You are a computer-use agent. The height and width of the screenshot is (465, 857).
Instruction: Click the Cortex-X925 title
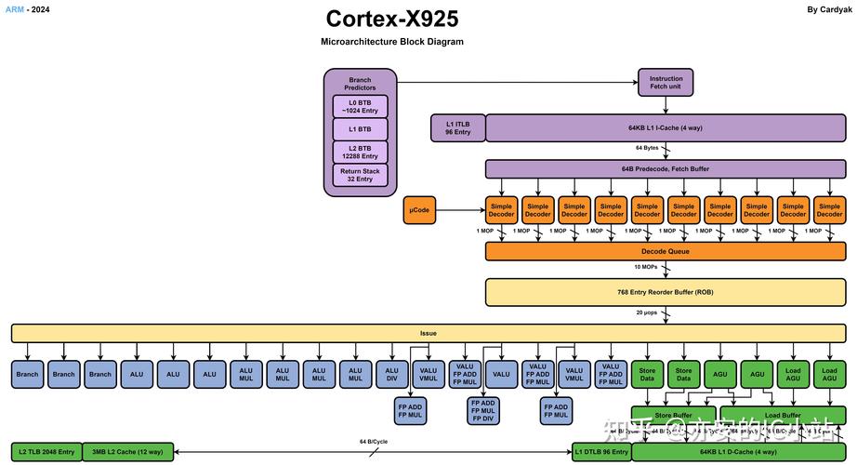click(x=391, y=19)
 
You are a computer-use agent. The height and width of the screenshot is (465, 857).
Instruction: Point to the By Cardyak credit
click(x=829, y=8)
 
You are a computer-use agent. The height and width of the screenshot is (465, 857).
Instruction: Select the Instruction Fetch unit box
click(x=666, y=83)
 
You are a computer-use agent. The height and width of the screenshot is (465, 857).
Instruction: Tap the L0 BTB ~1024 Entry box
click(x=360, y=106)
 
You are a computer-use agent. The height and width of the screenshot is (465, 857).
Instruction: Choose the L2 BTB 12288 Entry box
click(x=360, y=153)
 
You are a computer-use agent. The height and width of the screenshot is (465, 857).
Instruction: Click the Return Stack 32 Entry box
click(x=360, y=175)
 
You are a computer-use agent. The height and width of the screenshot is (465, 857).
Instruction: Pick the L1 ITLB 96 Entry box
click(x=457, y=128)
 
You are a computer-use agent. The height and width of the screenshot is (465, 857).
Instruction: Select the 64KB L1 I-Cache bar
click(x=666, y=128)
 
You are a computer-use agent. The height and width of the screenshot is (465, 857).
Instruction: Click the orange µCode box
click(x=420, y=210)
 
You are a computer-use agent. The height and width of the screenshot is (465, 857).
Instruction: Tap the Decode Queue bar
click(x=666, y=251)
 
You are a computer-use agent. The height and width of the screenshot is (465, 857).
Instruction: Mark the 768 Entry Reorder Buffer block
click(x=666, y=292)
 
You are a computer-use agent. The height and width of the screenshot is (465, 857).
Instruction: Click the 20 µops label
click(x=648, y=312)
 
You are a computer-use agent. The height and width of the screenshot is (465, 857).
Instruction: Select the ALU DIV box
click(x=392, y=374)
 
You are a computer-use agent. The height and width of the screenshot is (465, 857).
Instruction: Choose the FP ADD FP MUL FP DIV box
click(x=482, y=409)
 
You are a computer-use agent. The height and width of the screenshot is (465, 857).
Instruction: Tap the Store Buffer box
click(x=672, y=416)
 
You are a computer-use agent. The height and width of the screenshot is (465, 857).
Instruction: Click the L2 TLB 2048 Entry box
click(x=46, y=452)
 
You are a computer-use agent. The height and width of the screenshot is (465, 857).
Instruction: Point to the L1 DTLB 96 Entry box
click(x=600, y=452)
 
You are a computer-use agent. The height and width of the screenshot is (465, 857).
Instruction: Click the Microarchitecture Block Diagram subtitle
click(x=391, y=42)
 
